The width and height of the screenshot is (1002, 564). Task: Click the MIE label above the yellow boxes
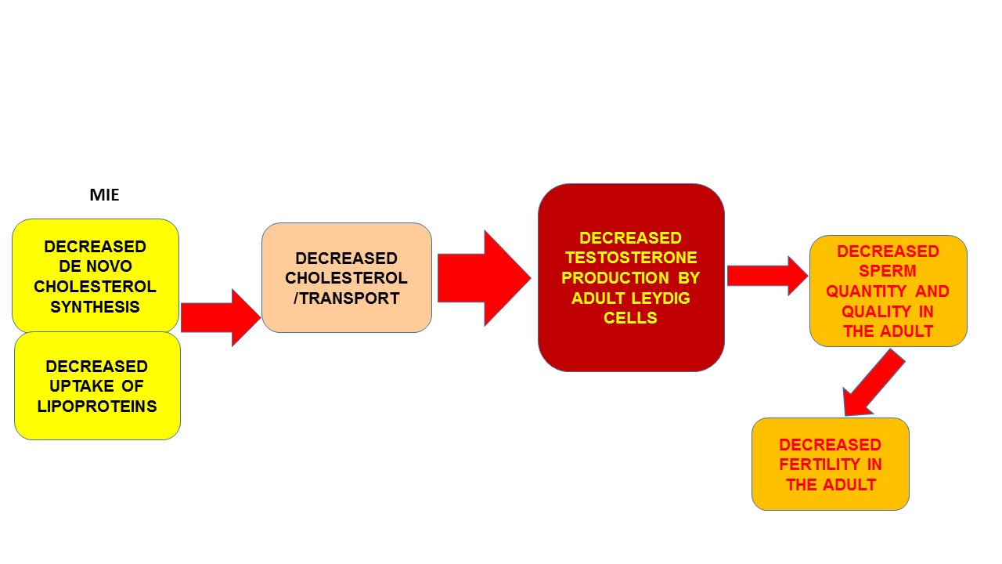(104, 195)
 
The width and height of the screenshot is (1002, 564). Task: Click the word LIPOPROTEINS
(97, 407)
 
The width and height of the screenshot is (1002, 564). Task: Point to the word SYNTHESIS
(96, 307)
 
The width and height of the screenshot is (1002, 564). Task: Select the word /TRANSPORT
(346, 298)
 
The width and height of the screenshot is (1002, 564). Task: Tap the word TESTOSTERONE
(631, 258)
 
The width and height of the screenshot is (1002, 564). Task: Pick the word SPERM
(888, 271)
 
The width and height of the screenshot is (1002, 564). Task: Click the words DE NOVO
(96, 266)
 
